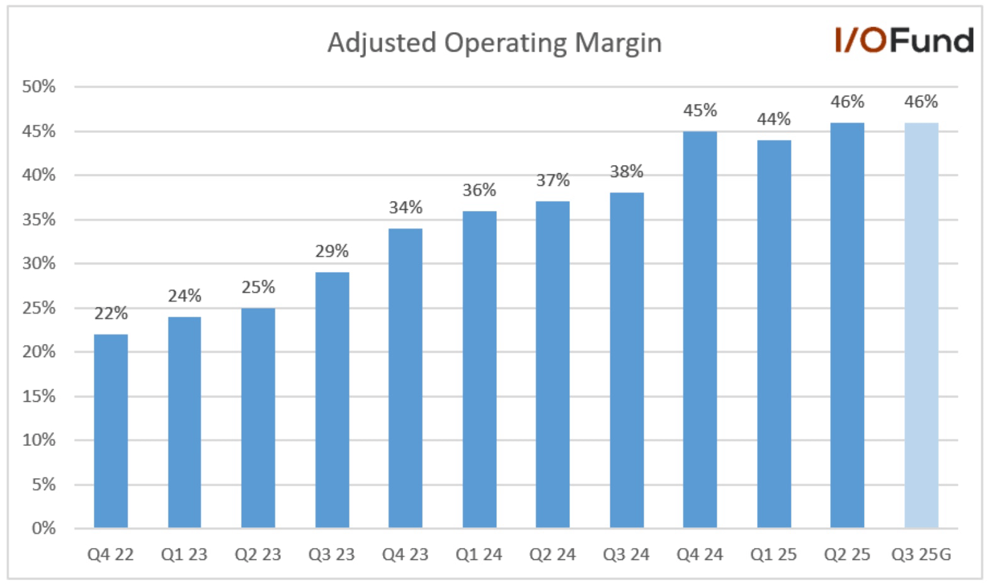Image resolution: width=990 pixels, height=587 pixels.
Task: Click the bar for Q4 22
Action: pos(111,431)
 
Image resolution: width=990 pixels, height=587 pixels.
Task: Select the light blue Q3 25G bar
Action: pos(921,325)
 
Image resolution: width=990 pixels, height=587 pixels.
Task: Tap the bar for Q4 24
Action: pos(700,329)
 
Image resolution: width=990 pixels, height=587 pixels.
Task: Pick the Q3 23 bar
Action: pos(332,399)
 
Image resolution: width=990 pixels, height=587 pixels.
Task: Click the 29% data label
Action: pos(332,251)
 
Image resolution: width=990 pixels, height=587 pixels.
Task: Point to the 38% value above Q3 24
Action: pos(626,171)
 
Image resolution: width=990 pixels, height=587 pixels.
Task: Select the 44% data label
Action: pos(773,119)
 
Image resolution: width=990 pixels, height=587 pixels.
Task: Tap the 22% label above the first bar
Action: pos(111,313)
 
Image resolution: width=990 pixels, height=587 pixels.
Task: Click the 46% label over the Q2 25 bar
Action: pos(847,101)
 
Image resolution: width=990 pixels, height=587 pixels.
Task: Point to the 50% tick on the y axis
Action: pos(39,87)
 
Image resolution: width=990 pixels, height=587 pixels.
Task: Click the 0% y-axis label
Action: pos(43,528)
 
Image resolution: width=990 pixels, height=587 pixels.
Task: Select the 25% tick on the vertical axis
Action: pos(39,308)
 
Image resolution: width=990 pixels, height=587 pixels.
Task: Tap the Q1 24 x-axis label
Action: pos(479,555)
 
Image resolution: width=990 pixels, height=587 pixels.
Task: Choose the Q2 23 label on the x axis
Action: pos(258,555)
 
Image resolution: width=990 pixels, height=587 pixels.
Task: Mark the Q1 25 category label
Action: pos(773,555)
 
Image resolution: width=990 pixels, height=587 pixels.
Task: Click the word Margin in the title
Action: pos(618,43)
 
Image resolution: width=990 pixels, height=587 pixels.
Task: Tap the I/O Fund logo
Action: pos(904,40)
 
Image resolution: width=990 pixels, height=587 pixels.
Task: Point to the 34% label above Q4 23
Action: pos(406,207)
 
